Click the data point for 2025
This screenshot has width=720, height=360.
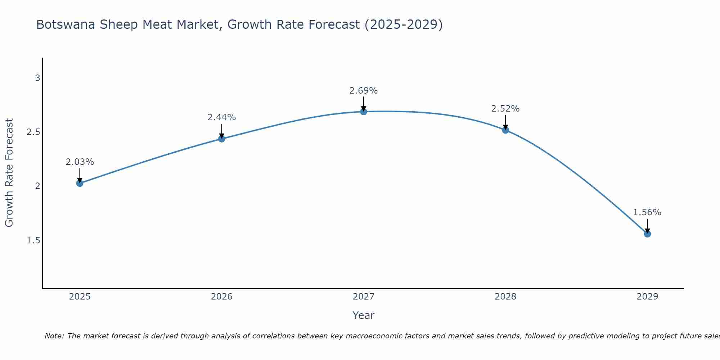click(80, 183)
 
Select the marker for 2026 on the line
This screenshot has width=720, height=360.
click(222, 139)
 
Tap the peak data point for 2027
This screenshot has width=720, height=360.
click(364, 112)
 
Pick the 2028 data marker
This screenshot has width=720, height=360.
click(505, 130)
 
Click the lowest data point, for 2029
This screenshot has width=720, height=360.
click(647, 234)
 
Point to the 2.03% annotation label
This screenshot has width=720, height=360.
click(80, 162)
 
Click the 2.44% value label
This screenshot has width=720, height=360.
click(222, 117)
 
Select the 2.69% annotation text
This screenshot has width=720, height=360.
click(364, 91)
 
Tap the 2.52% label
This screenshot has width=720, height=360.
click(505, 109)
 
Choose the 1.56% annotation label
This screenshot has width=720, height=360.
click(647, 212)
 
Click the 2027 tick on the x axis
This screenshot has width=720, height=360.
click(364, 297)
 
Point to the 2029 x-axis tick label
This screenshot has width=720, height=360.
click(647, 297)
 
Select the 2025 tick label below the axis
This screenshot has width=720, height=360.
click(80, 297)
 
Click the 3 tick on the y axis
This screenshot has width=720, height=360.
click(37, 78)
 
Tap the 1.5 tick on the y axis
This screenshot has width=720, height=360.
click(33, 240)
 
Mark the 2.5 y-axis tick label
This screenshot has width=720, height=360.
click(33, 132)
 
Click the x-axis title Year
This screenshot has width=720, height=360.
click(364, 315)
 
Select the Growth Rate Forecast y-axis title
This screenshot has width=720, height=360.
click(9, 173)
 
